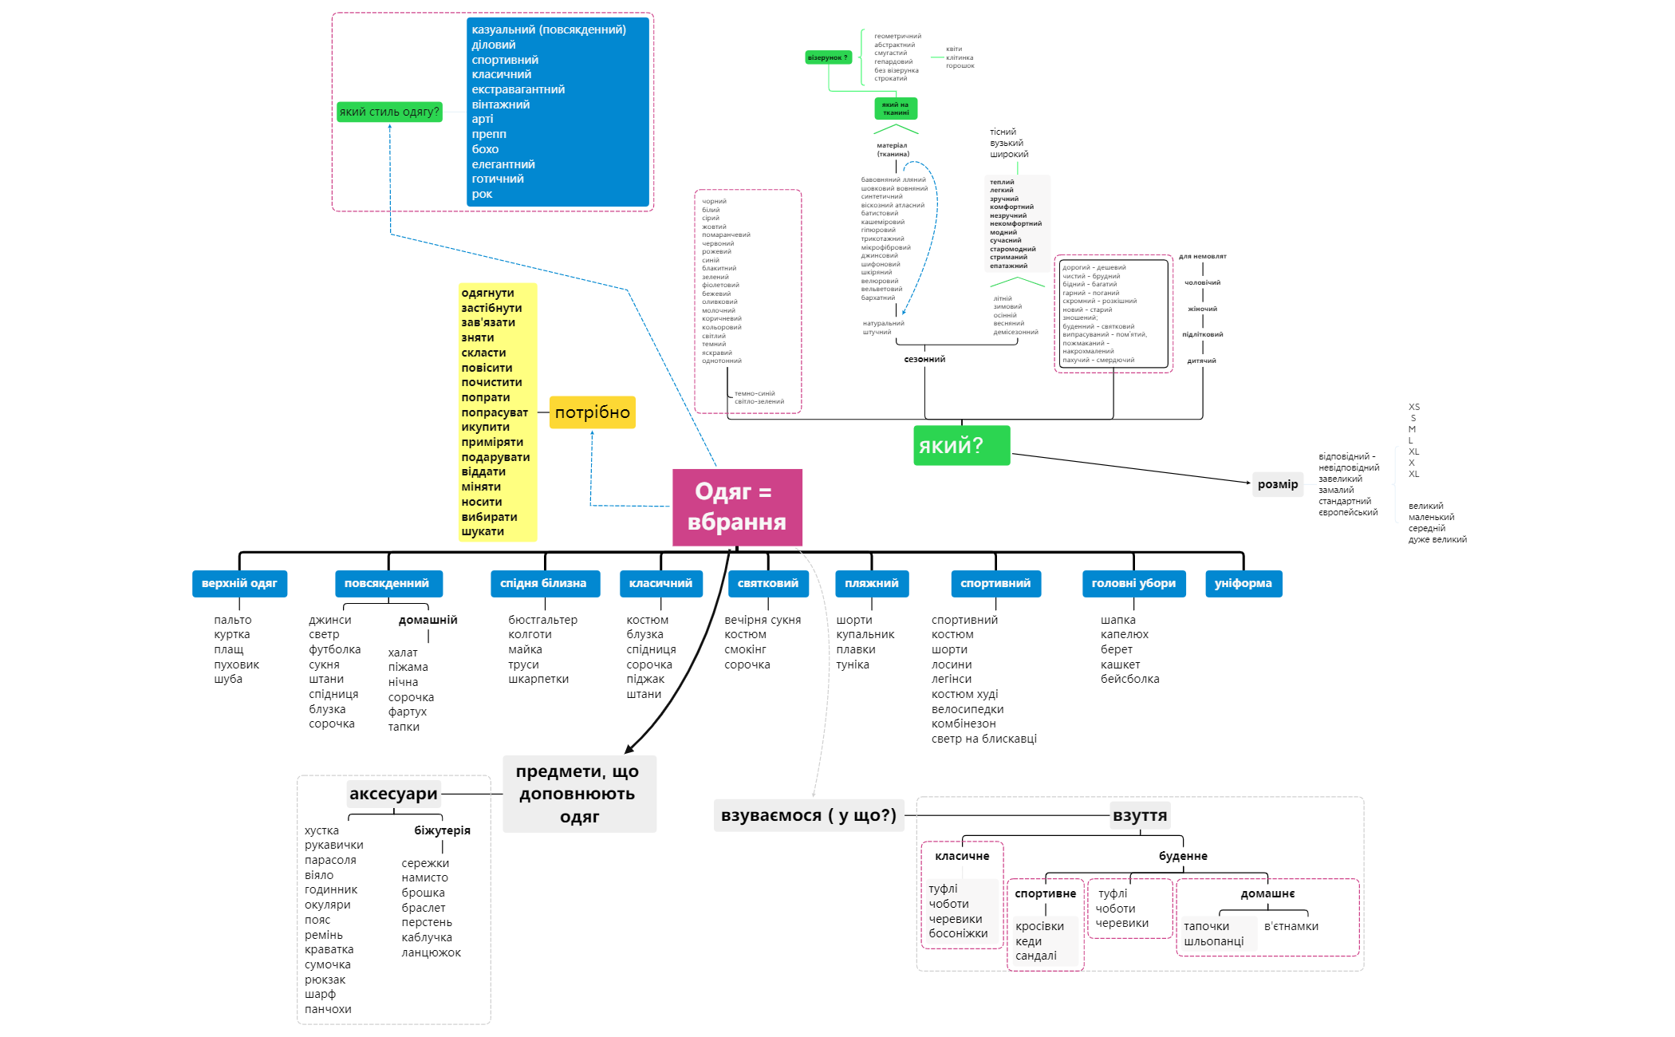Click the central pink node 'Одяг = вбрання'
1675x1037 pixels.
(737, 507)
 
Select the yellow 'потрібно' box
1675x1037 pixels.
(592, 412)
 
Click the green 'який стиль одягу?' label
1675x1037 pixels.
(389, 112)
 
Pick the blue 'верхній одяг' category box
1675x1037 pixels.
(239, 583)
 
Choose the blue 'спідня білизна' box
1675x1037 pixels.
(543, 583)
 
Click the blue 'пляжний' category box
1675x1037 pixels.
(871, 583)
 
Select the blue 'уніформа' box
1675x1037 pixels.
(1243, 583)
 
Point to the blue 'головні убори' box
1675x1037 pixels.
(1133, 583)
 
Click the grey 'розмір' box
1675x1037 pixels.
(1277, 484)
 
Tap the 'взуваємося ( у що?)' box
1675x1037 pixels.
(808, 815)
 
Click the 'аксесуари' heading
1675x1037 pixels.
(393, 794)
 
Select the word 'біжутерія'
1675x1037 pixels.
(442, 830)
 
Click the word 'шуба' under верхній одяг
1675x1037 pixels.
(228, 679)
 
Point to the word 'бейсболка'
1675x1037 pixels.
(1129, 679)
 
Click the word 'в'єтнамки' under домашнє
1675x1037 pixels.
(1291, 926)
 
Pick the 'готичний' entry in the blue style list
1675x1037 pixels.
(498, 179)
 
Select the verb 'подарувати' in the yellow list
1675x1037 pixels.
(495, 457)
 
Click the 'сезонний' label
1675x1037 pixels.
(924, 359)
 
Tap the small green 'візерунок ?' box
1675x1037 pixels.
(828, 57)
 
